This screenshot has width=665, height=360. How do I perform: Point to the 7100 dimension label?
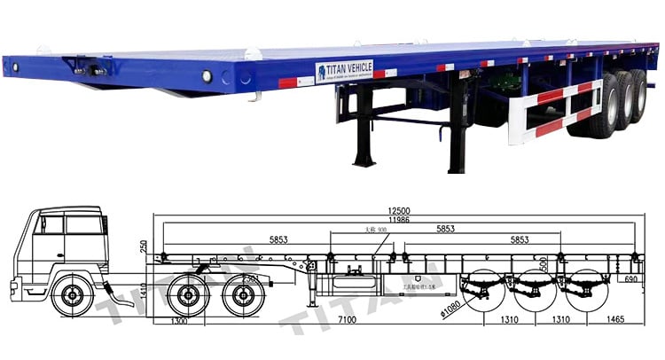coord(348,319)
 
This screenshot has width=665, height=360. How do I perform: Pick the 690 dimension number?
coord(630,280)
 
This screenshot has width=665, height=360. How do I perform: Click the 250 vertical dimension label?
coord(144,245)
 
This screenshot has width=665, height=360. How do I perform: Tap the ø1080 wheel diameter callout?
coord(448,308)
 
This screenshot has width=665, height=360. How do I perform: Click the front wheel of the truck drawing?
coord(74,296)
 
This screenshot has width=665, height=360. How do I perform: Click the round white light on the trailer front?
coord(207,76)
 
